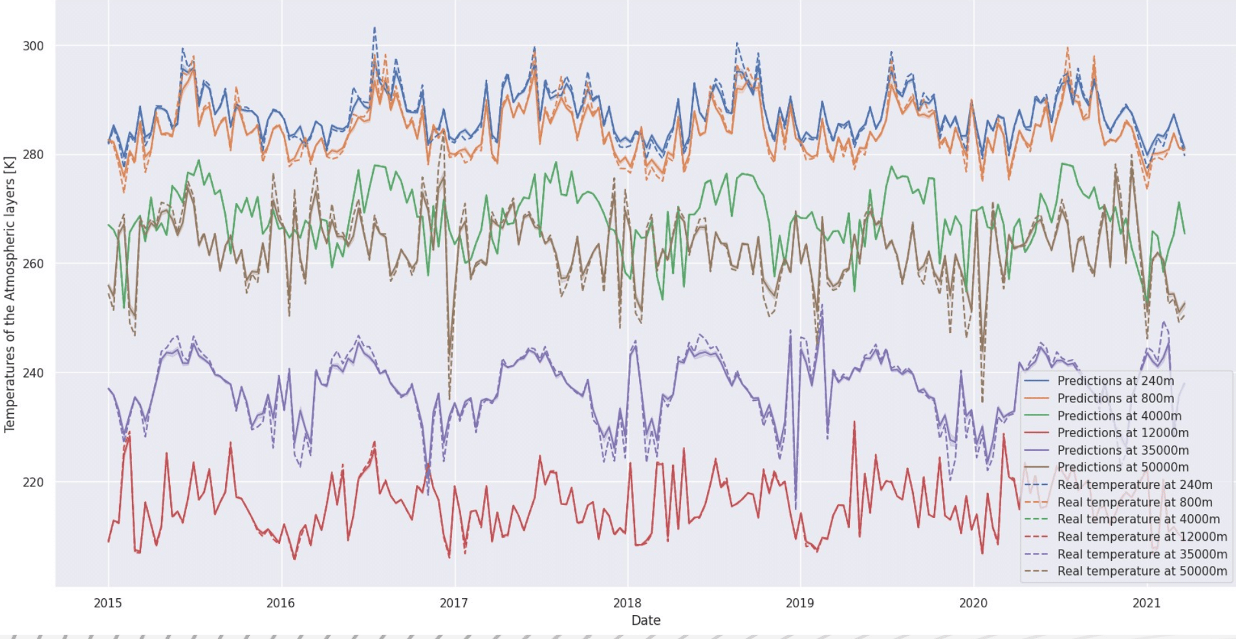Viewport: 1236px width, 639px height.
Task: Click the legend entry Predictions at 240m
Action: (x=1115, y=381)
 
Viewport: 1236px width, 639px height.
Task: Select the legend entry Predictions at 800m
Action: (x=1115, y=398)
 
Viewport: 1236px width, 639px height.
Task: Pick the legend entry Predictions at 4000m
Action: (x=1119, y=416)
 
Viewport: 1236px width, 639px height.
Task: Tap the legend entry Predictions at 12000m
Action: (x=1123, y=433)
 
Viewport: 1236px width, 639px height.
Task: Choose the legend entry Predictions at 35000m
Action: (x=1123, y=450)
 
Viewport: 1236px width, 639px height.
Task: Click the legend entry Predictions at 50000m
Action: (x=1123, y=467)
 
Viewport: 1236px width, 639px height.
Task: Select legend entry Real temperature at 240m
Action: (x=1134, y=484)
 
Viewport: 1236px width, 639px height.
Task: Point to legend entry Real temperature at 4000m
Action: (x=1138, y=519)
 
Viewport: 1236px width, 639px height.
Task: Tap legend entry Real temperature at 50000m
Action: (x=1142, y=571)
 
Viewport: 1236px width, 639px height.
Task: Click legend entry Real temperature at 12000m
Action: (x=1142, y=537)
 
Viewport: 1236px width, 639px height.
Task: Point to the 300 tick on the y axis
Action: (x=33, y=46)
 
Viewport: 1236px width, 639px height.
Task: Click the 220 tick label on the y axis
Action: (x=33, y=482)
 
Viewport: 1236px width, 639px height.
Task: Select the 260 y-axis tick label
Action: (x=33, y=264)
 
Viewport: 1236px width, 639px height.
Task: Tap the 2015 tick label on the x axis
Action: (x=107, y=603)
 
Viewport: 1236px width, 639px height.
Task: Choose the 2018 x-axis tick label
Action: (x=627, y=603)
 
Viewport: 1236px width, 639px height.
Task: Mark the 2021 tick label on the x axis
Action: (x=1146, y=603)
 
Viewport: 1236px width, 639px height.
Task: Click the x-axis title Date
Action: (x=645, y=621)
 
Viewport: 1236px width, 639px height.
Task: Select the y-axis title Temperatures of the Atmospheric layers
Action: (x=10, y=294)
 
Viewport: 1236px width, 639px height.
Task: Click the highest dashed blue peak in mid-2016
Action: (x=374, y=28)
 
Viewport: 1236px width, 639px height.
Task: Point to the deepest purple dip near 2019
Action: (x=796, y=508)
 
